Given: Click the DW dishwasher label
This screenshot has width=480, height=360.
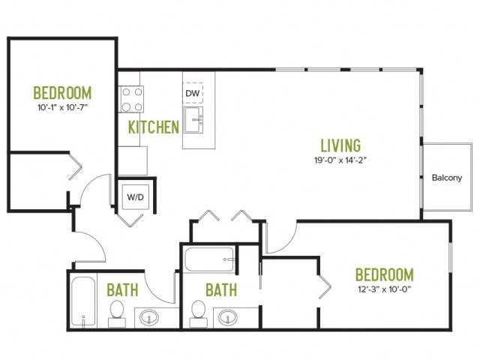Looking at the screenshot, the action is tap(193, 93).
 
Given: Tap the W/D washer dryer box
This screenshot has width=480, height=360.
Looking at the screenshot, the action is tap(135, 196).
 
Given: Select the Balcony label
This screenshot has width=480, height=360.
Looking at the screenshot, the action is tap(447, 178).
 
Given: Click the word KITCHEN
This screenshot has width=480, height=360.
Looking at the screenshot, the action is tap(153, 127).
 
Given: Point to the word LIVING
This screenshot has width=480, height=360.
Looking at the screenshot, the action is tap(340, 145).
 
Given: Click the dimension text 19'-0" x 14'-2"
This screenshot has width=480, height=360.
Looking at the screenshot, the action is tap(340, 160).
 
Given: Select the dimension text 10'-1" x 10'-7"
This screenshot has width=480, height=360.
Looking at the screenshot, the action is tap(63, 107).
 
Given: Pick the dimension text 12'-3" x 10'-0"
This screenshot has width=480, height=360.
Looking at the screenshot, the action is tap(384, 289).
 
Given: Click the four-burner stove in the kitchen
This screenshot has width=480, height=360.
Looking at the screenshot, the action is tap(132, 99).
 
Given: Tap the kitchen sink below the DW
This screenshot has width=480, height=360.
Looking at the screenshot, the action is tap(193, 120).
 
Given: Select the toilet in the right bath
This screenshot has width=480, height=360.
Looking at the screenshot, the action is tap(198, 313).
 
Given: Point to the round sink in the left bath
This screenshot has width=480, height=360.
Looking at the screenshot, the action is tap(149, 317).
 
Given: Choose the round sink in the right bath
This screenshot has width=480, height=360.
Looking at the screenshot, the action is tap(228, 317).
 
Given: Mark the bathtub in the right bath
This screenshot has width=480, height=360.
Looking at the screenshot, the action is tap(210, 259).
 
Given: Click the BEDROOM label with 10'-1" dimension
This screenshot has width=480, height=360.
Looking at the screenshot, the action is tap(62, 93).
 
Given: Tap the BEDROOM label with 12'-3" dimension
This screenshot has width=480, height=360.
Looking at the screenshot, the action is tap(385, 274).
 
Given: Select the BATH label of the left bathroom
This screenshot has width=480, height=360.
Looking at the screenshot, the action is tap(122, 290).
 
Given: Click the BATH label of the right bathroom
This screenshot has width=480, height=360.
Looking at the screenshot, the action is tap(221, 290).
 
